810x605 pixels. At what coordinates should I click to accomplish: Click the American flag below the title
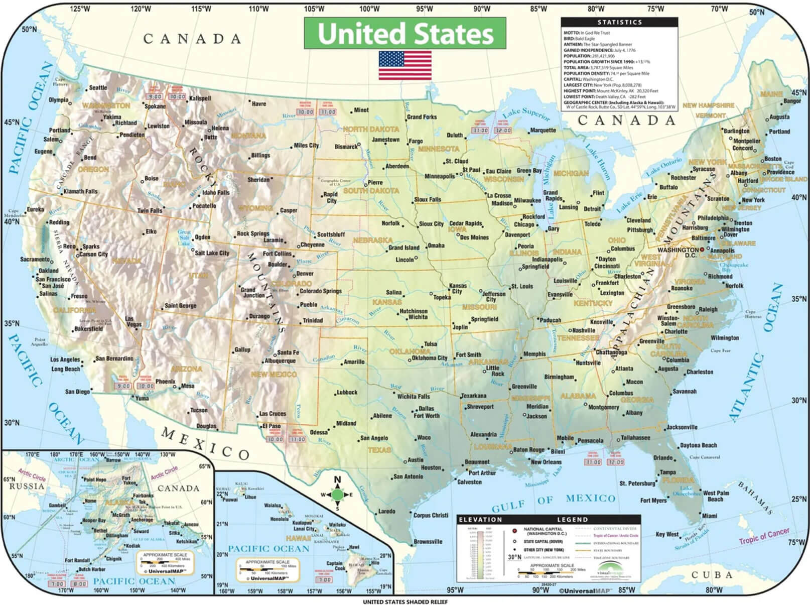[405, 65]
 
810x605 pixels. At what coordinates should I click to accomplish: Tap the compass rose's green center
[337, 495]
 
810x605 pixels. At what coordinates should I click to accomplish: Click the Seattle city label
[98, 88]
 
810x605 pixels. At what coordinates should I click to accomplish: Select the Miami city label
[710, 516]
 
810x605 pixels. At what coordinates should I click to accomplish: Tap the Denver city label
[305, 274]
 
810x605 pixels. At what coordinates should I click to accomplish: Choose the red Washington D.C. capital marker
[702, 250]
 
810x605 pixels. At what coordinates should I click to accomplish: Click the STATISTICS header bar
[619, 22]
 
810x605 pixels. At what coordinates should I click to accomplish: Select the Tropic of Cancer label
[764, 536]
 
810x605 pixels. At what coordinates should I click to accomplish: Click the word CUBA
[712, 575]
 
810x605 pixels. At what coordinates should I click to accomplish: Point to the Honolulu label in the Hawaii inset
[280, 519]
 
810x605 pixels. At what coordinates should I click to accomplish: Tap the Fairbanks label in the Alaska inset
[143, 496]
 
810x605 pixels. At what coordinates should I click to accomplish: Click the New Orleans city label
[546, 462]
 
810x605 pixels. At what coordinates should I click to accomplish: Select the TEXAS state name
[379, 450]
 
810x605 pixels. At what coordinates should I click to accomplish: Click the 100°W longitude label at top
[369, 9]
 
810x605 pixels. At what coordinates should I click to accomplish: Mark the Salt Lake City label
[212, 253]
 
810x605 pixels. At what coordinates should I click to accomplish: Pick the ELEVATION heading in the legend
[480, 520]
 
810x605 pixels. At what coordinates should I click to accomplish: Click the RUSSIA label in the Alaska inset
[27, 486]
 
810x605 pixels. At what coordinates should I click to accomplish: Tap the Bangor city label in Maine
[792, 101]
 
